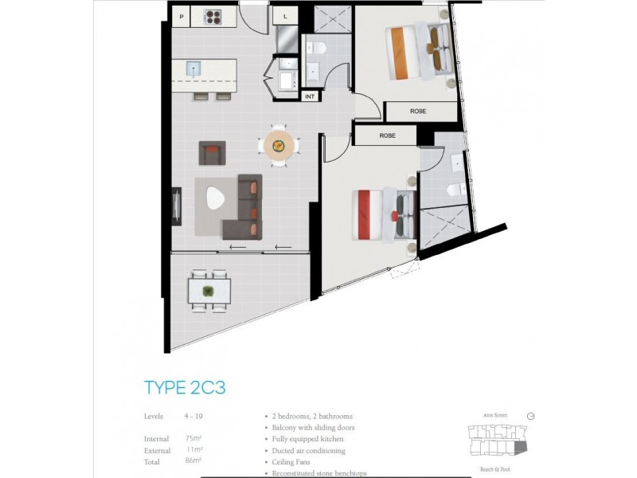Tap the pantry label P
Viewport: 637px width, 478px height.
click(x=182, y=16)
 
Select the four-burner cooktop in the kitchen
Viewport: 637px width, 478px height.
click(x=214, y=16)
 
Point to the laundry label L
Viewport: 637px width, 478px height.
click(x=284, y=16)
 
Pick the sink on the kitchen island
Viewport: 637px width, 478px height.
click(x=194, y=70)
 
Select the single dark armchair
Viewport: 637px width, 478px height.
click(x=212, y=152)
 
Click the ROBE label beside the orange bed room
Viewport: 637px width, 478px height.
click(x=418, y=112)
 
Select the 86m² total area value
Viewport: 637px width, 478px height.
click(x=193, y=461)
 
